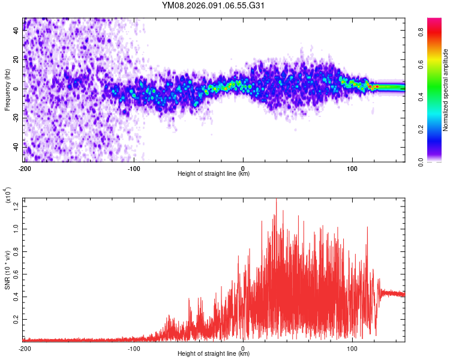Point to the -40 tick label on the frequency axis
click(x=16, y=146)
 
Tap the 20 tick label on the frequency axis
click(x=16, y=60)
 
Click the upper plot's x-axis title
click(x=214, y=174)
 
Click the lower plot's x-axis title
click(x=214, y=354)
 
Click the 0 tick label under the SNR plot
click(x=243, y=348)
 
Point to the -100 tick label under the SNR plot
click(x=133, y=348)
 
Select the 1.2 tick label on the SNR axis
click(x=16, y=206)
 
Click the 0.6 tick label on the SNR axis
click(x=16, y=275)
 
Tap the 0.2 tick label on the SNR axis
click(x=16, y=320)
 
